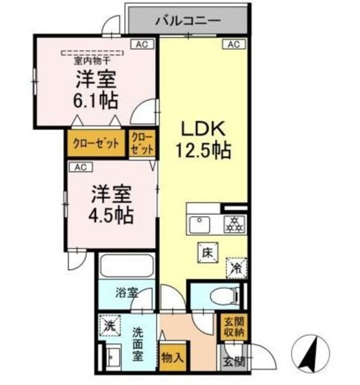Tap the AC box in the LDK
pyautogui.click(x=234, y=44)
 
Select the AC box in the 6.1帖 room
pyautogui.click(x=140, y=44)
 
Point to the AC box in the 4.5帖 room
pyautogui.click(x=81, y=167)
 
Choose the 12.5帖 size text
pyautogui.click(x=203, y=150)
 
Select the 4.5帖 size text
pyautogui.click(x=112, y=213)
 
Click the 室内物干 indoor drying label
pyautogui.click(x=92, y=60)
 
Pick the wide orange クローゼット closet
pyautogui.click(x=96, y=144)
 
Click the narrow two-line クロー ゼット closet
pyautogui.click(x=142, y=144)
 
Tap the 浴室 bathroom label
pyautogui.click(x=127, y=294)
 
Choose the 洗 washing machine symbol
pyautogui.click(x=108, y=327)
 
